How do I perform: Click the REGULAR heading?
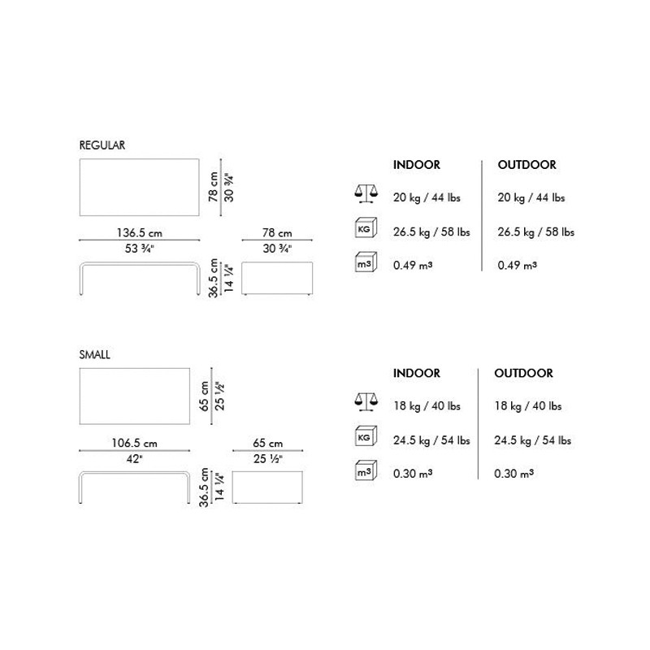point(102,145)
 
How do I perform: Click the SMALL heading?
point(94,354)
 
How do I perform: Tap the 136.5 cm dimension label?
point(139,232)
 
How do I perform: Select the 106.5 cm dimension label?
point(134,443)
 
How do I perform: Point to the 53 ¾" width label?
point(139,249)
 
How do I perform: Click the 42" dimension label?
point(134,459)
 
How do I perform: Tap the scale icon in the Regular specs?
point(366,193)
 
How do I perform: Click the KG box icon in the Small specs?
point(366,436)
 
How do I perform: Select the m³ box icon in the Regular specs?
point(366,262)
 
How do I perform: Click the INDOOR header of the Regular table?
point(417,165)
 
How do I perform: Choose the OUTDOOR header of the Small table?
point(523,373)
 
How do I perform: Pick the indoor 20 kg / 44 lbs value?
point(427,197)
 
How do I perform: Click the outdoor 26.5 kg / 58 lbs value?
point(536,232)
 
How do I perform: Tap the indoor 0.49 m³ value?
point(413,266)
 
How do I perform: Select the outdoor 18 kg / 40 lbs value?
point(527,405)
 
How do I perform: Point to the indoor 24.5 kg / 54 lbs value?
point(431,440)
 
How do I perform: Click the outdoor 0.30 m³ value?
point(513,474)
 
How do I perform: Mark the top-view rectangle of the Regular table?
point(139,188)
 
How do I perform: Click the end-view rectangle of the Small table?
point(267,487)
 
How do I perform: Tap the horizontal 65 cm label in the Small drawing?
point(268,443)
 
